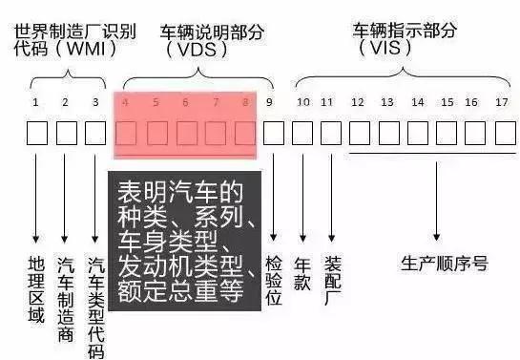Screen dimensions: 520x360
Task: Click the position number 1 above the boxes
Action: pyautogui.click(x=35, y=101)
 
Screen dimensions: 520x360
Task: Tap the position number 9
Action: pyautogui.click(x=270, y=101)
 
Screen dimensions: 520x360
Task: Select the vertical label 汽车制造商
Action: pyautogui.click(x=66, y=295)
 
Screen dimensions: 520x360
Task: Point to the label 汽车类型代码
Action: pyautogui.click(x=95, y=307)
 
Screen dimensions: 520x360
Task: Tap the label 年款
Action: pyautogui.click(x=302, y=272)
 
